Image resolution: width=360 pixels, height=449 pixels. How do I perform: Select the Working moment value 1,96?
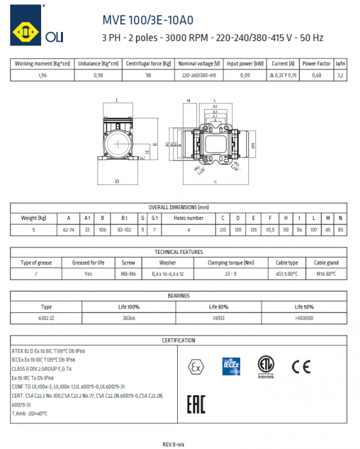pos(42,75)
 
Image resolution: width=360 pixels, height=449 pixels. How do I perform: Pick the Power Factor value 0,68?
pos(316,75)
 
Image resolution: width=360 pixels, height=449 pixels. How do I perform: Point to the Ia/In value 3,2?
pos(341,75)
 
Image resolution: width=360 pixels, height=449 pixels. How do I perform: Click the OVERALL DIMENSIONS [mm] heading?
pos(179,207)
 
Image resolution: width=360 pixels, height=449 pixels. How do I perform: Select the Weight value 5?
pos(33,229)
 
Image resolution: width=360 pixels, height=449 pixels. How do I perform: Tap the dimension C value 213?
pos(223,229)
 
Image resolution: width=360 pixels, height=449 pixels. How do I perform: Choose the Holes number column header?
pos(188,218)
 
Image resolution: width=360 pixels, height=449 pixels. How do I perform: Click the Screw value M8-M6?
pos(129,274)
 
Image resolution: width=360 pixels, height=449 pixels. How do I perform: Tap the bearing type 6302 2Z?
pos(46,318)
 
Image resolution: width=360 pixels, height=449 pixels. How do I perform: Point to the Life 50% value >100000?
pos(304,318)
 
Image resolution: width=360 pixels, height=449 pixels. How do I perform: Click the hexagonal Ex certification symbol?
pos(193,368)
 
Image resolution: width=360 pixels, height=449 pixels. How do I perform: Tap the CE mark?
pos(300,368)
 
